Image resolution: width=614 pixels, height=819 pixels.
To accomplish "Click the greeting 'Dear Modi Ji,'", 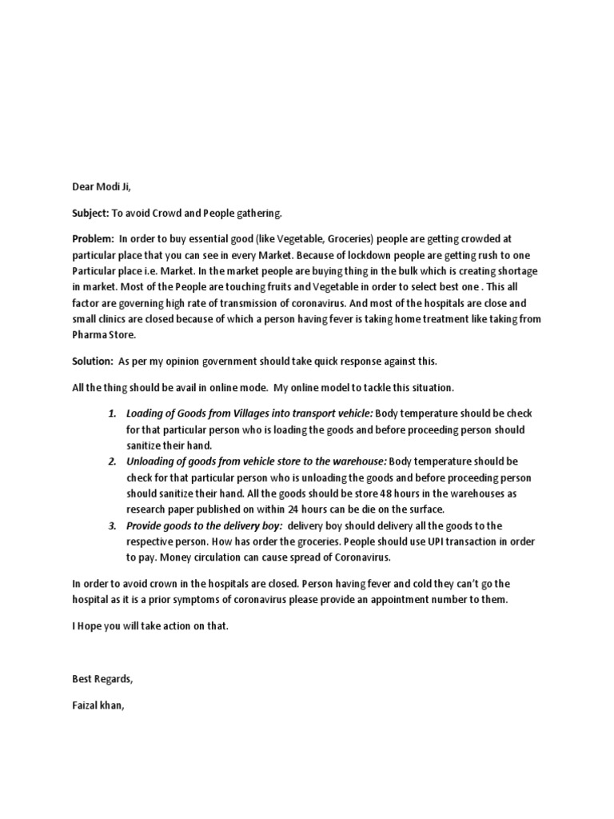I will [102, 187].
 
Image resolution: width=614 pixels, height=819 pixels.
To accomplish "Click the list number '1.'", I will [112, 413].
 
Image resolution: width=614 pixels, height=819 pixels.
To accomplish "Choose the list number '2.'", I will [112, 461].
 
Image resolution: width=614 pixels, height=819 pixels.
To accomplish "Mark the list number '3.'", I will [112, 525].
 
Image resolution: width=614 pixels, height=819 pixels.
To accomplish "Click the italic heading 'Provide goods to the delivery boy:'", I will [204, 525].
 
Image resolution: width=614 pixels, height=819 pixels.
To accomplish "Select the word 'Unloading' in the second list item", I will [150, 461].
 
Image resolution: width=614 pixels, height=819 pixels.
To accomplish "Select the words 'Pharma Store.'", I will [105, 336].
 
